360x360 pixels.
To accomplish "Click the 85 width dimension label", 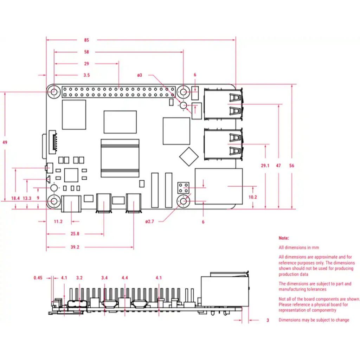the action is click(86, 40).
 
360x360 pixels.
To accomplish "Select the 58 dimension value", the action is click(86, 52).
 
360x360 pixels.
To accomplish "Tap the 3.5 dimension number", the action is click(86, 75).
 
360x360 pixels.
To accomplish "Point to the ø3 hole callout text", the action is click(140, 75).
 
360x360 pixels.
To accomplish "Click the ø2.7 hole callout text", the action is click(150, 221).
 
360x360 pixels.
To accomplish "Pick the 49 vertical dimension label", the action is click(5, 142).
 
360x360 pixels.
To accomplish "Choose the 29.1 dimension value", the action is click(265, 166).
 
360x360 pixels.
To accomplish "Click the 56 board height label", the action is click(291, 166).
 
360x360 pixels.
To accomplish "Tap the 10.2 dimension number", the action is click(253, 197).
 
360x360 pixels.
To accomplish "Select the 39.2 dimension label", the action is click(75, 247).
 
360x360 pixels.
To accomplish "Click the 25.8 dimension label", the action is click(75, 234).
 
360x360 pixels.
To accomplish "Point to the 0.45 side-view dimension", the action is click(38, 278).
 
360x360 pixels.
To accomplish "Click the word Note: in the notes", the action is click(284, 238).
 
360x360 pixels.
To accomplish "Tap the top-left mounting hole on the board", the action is click(54, 92).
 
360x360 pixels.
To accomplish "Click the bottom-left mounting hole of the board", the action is click(54, 201).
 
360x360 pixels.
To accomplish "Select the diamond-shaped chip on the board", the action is click(189, 156).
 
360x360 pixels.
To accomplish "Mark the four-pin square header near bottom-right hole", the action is click(184, 188).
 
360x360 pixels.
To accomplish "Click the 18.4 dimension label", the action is click(15, 198).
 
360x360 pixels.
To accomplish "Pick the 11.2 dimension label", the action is click(58, 221).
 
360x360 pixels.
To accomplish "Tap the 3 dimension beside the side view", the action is click(268, 320).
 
